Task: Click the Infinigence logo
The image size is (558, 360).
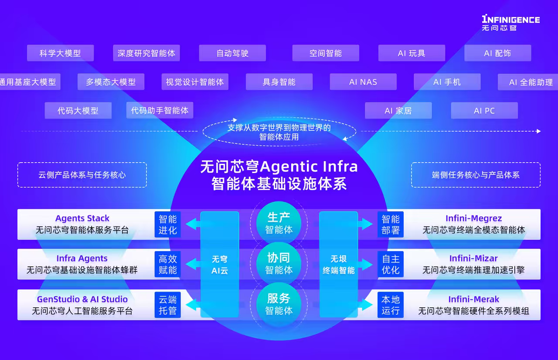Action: tap(510, 23)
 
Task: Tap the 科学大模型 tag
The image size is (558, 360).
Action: tap(60, 53)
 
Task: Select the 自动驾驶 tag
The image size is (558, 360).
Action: tap(232, 53)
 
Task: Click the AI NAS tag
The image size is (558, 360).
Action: tap(363, 82)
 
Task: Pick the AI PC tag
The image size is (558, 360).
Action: tap(484, 111)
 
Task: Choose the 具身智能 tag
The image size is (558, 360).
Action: tap(279, 82)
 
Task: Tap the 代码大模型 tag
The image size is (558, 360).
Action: tap(78, 111)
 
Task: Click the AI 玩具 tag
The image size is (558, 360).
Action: tap(412, 53)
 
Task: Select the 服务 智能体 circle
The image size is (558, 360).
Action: tap(279, 304)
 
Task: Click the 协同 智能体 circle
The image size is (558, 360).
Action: tap(279, 264)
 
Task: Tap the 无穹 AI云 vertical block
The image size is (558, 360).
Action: tap(220, 265)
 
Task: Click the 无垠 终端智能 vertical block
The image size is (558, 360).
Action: tap(339, 265)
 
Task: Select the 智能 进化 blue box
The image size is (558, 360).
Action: tap(168, 224)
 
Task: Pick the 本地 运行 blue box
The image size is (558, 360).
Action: tap(391, 305)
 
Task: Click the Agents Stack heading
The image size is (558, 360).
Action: tap(82, 219)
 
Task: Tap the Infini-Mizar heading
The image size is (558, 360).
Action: tap(473, 259)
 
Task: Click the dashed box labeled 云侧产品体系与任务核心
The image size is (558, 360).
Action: tap(82, 175)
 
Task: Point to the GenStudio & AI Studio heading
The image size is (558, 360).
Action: tap(82, 299)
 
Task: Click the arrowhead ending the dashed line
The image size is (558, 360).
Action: tap(538, 131)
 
